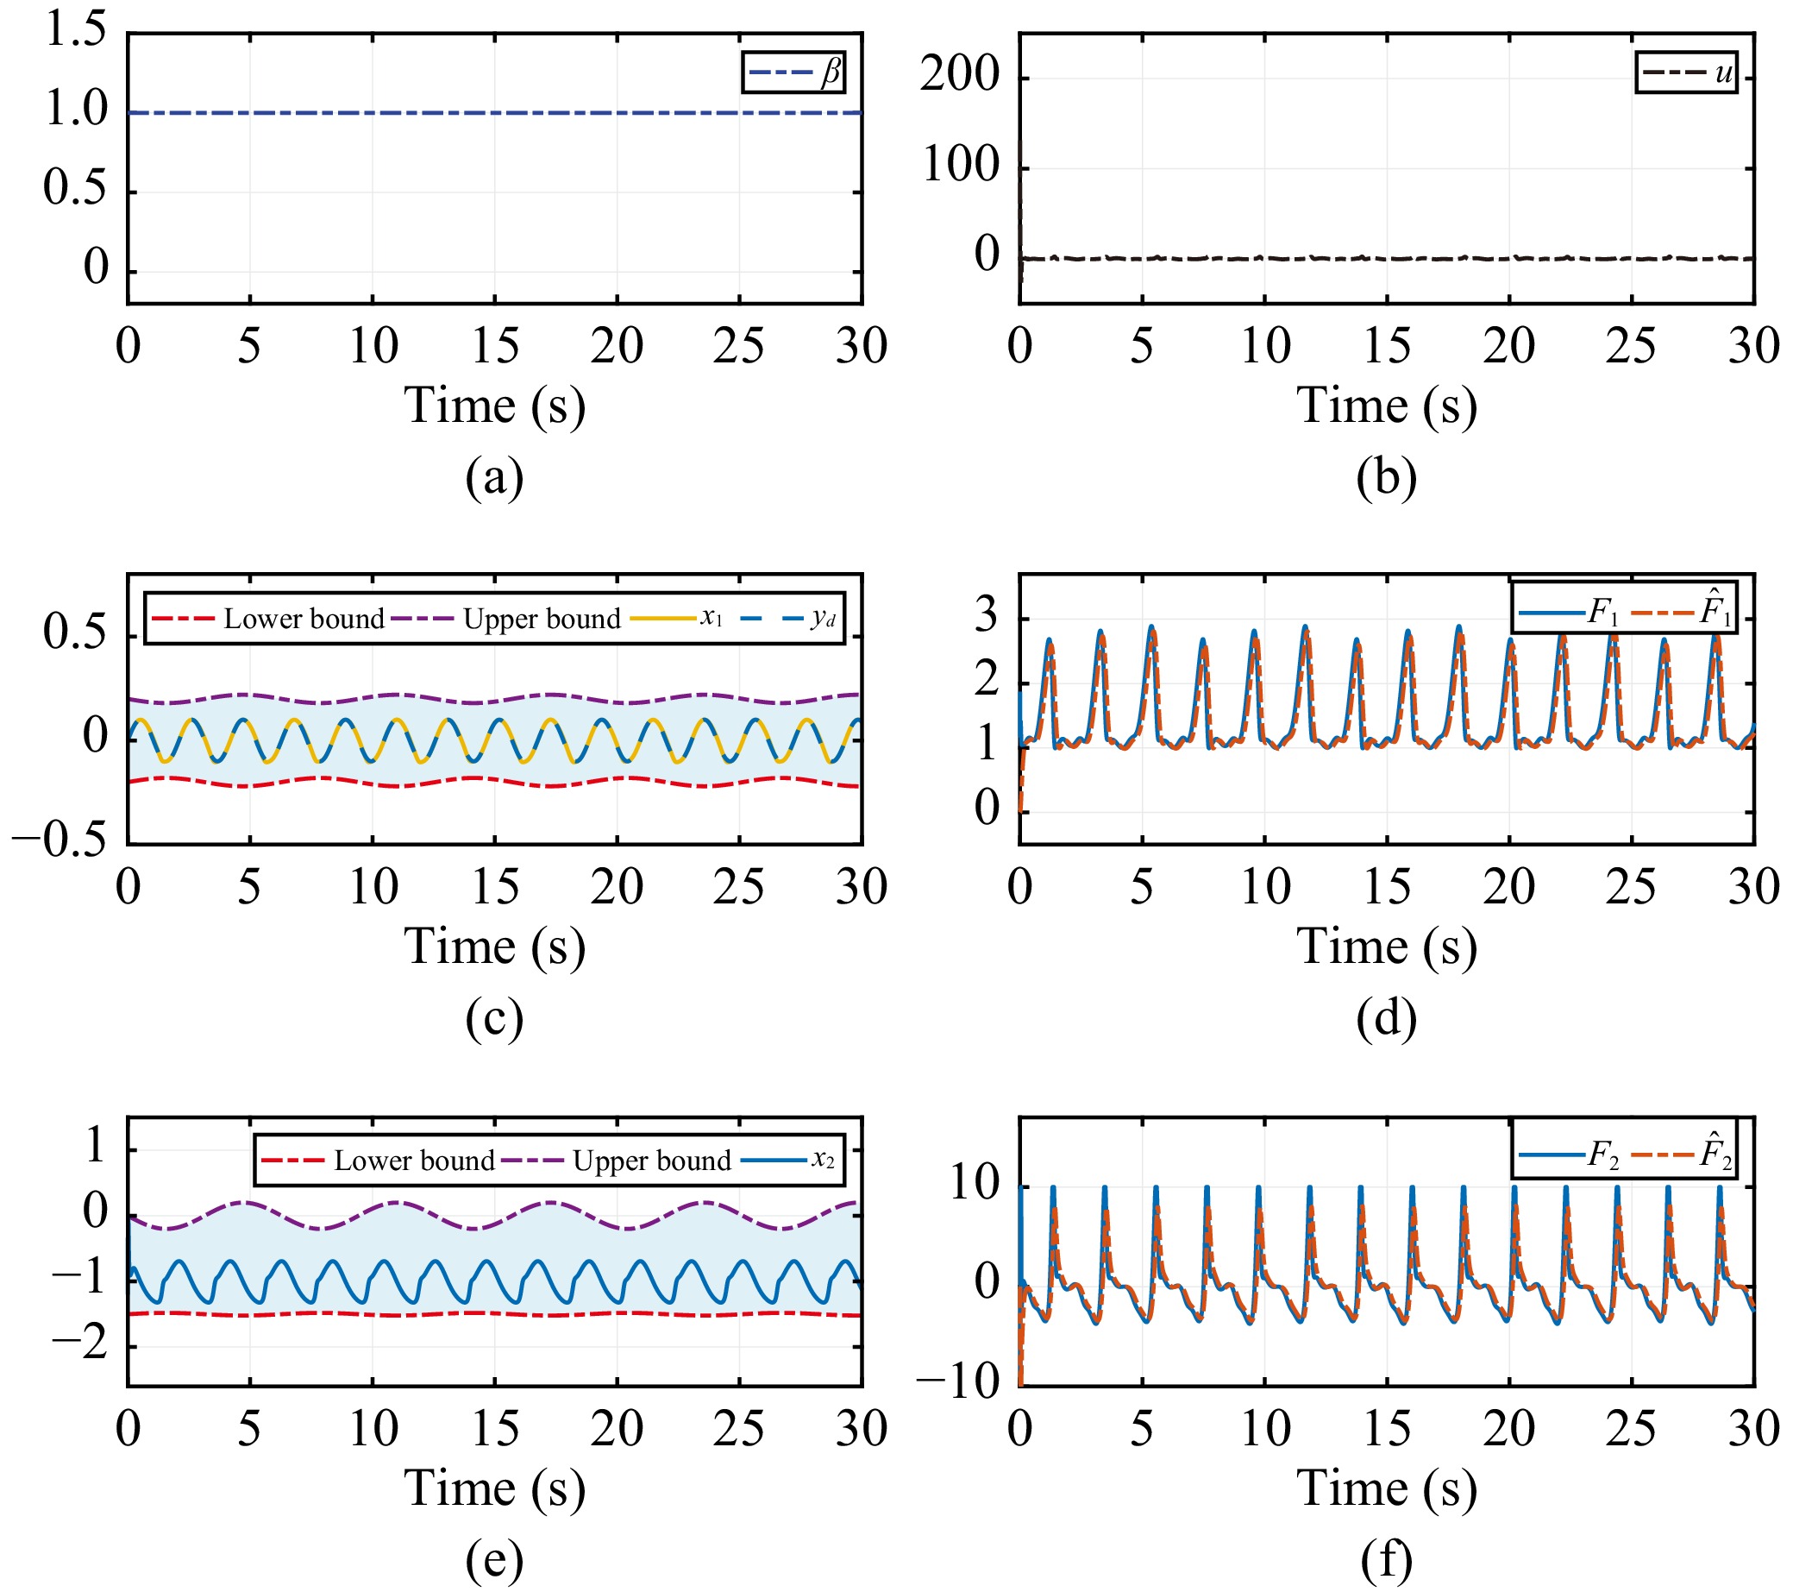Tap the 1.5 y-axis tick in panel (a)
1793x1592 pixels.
75,30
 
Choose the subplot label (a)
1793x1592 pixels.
494,477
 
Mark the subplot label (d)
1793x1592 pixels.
1386,1018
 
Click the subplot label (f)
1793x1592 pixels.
1386,1559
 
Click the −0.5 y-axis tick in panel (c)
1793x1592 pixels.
59,840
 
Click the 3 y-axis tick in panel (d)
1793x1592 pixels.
986,616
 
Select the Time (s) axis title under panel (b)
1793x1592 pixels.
1386,406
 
